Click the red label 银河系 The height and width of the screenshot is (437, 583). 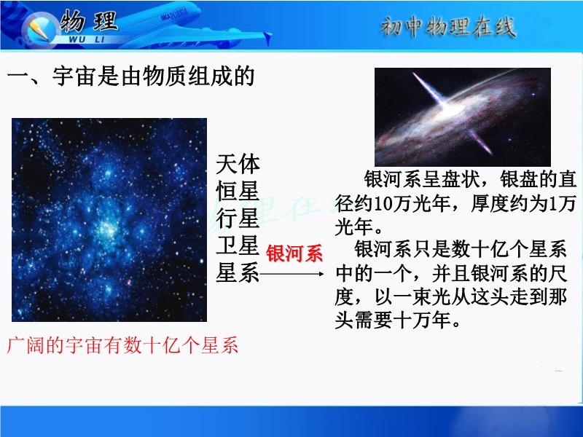click(x=294, y=253)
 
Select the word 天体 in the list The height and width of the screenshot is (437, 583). click(x=238, y=164)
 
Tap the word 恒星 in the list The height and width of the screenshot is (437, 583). click(x=238, y=192)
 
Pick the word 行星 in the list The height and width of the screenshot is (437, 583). click(x=238, y=219)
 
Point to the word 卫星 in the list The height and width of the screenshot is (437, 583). click(x=238, y=245)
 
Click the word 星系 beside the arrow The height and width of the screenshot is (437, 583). click(x=238, y=272)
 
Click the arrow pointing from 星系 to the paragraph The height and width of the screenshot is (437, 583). click(x=292, y=275)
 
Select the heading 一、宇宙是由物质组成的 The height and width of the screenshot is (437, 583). click(x=131, y=76)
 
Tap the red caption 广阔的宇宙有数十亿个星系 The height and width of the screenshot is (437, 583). click(x=122, y=345)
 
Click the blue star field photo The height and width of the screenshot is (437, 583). click(x=109, y=220)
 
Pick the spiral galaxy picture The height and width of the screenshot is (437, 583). click(x=463, y=117)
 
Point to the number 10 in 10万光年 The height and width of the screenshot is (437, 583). click(x=383, y=204)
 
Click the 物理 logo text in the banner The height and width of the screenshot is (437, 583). click(x=89, y=21)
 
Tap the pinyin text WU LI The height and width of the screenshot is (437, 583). click(x=87, y=39)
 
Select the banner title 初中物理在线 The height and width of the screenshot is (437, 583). click(x=448, y=27)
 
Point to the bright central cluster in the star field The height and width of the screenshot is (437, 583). click(x=109, y=229)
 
